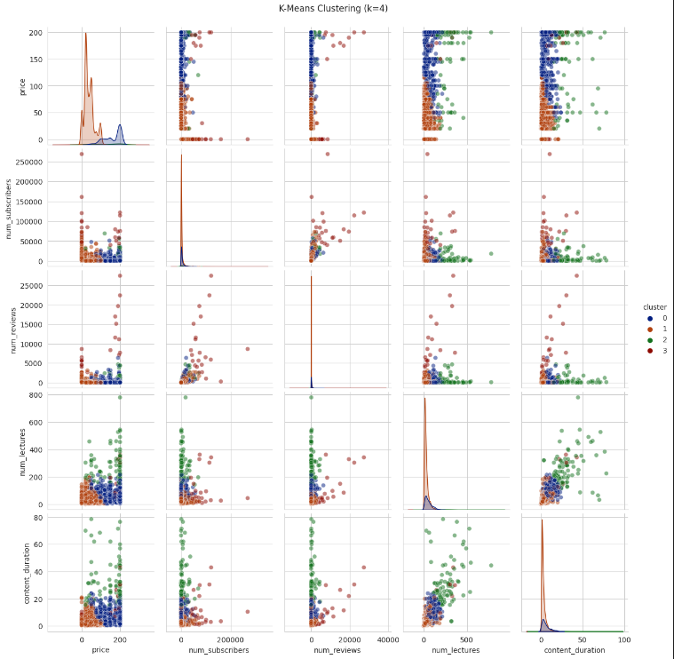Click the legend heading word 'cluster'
coord(654,306)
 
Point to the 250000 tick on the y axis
coord(28,163)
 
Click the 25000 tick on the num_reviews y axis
coord(30,285)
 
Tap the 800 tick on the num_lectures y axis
coord(36,394)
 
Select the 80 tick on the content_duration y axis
coord(38,516)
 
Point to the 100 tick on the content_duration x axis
coord(624,639)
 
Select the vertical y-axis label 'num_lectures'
coord(12,450)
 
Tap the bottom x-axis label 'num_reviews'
coord(337,650)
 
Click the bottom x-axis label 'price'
coord(99,650)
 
